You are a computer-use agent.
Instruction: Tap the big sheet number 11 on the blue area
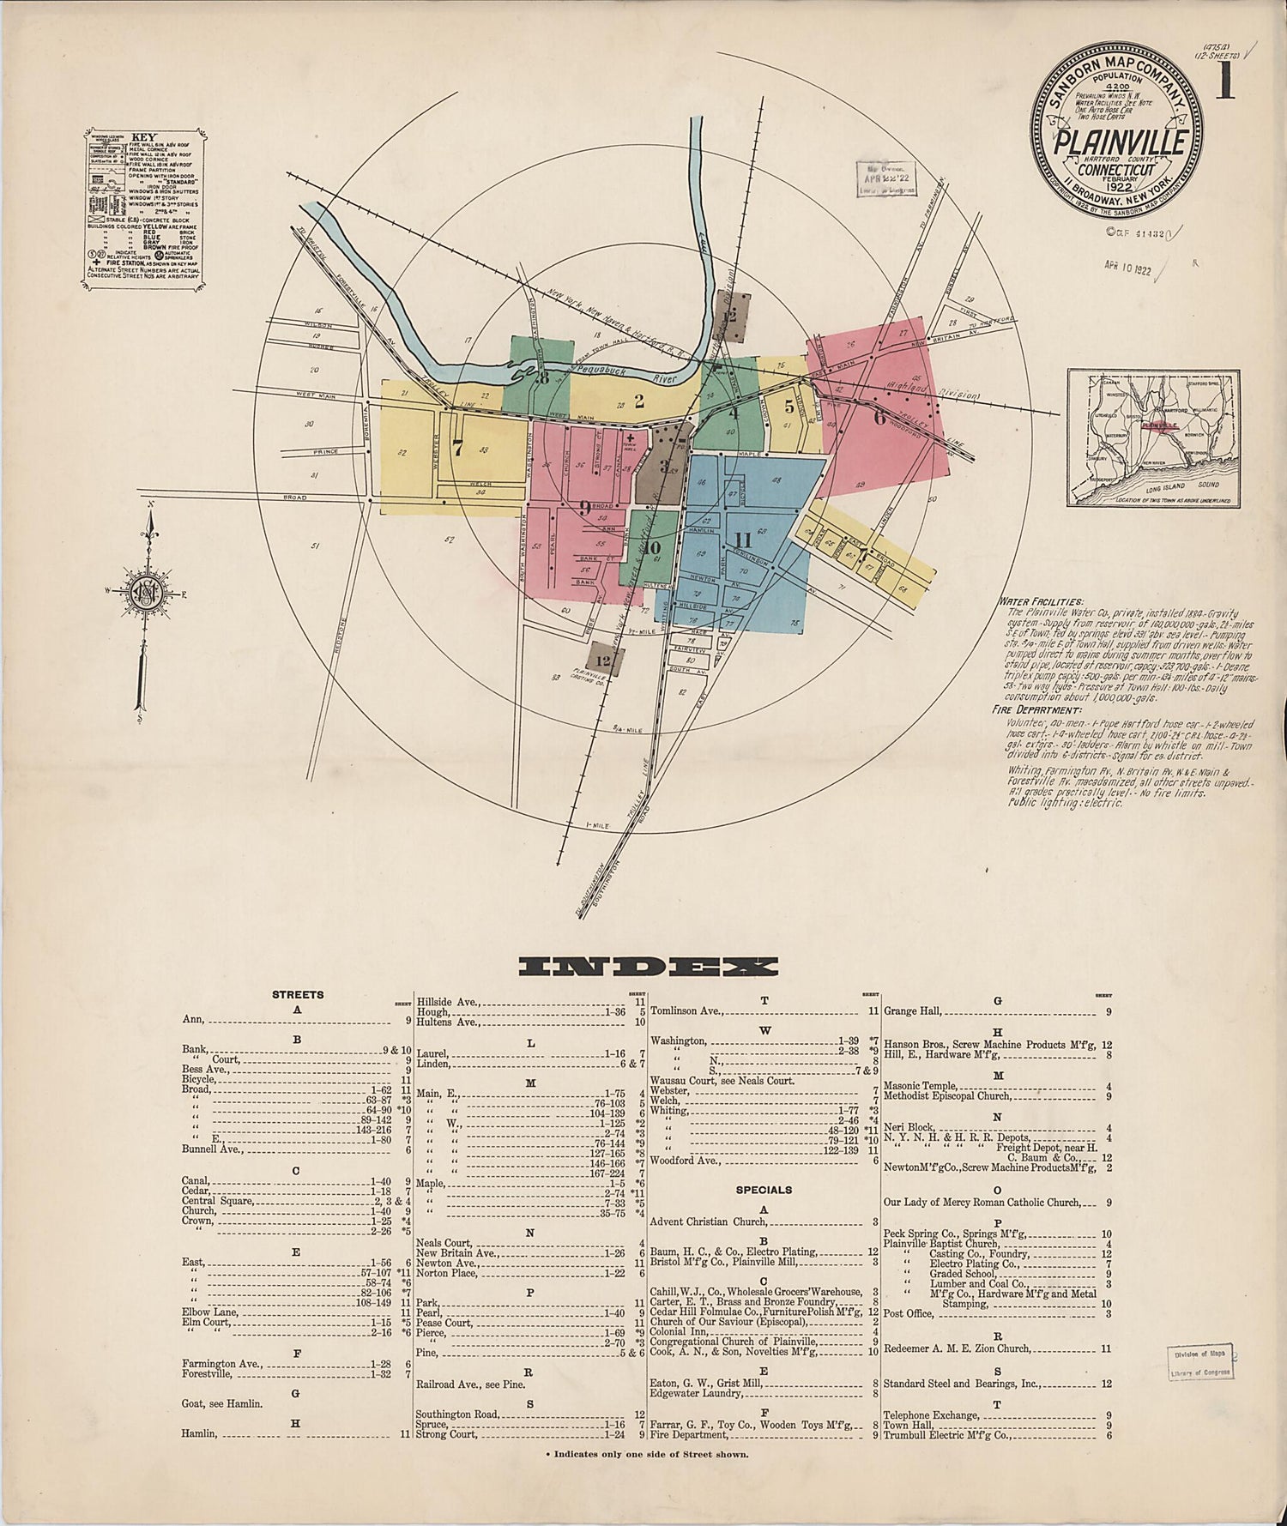pyautogui.click(x=743, y=540)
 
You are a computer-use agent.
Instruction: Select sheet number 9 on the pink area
pyautogui.click(x=584, y=508)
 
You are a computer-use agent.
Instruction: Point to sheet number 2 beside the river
pyautogui.click(x=639, y=400)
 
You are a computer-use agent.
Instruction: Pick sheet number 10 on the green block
pyautogui.click(x=652, y=548)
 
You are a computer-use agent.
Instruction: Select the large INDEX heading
pyautogui.click(x=648, y=967)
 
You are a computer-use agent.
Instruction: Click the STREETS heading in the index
pyautogui.click(x=298, y=995)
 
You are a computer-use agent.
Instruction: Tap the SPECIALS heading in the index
pyautogui.click(x=764, y=1190)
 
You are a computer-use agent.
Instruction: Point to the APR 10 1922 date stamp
pyautogui.click(x=1129, y=268)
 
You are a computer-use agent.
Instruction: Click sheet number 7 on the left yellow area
pyautogui.click(x=456, y=447)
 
